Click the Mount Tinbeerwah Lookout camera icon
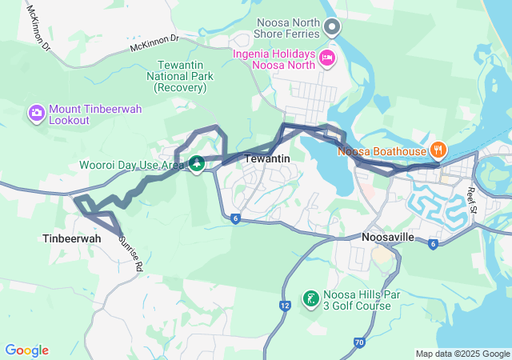[x=36, y=113]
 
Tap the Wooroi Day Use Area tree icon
[x=196, y=165]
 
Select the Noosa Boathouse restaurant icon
[x=438, y=150]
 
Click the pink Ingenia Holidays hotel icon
[x=327, y=57]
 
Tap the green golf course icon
[x=310, y=299]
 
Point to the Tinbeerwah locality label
[x=71, y=238]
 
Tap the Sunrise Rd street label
[x=130, y=254]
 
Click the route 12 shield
[x=285, y=305]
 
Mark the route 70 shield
[x=359, y=342]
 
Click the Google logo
[x=26, y=350]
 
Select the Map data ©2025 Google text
[x=462, y=354]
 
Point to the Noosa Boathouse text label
[x=382, y=150]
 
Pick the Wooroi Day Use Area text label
[x=132, y=165]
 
